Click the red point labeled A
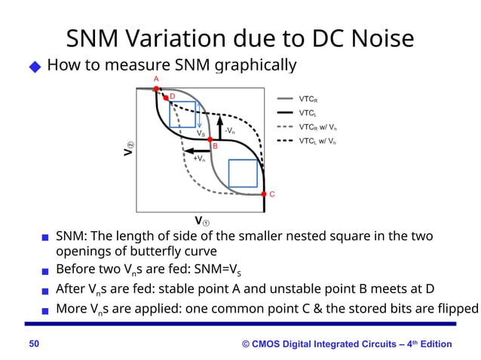[156, 89]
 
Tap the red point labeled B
[210, 140]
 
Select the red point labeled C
[264, 194]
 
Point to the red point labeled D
[165, 98]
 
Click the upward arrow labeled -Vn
[219, 128]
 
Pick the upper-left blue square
[182, 114]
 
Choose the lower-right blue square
[243, 173]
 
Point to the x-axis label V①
[202, 221]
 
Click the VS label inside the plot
[201, 133]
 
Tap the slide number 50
[34, 344]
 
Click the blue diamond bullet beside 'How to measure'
[34, 67]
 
